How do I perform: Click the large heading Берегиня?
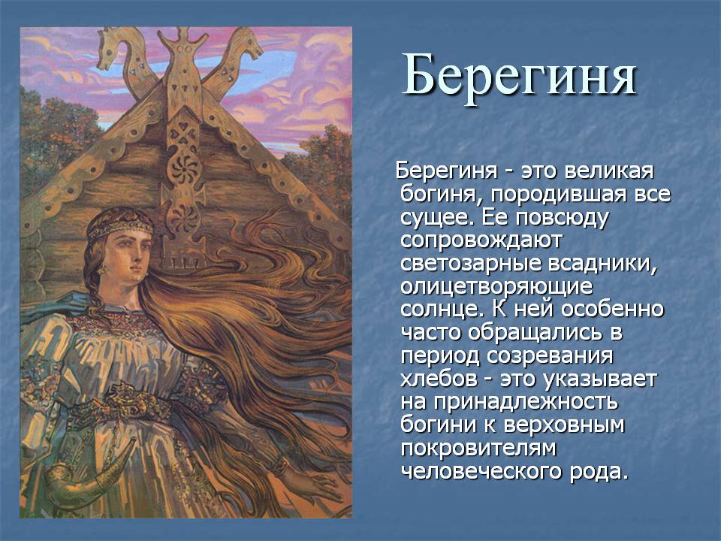[x=519, y=75]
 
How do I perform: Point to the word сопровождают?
[x=481, y=240]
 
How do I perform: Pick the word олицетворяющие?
[x=496, y=287]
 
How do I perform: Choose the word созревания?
[x=550, y=356]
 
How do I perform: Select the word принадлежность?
[x=526, y=402]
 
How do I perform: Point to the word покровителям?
[x=478, y=448]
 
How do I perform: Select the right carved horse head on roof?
[x=241, y=46]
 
